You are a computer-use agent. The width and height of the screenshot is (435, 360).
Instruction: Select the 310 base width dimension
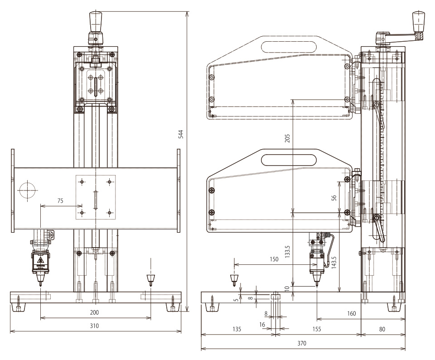coord(94,326)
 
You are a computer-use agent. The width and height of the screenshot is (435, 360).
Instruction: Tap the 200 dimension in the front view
coord(94,312)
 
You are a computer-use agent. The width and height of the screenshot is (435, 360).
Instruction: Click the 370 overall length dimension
coord(302,343)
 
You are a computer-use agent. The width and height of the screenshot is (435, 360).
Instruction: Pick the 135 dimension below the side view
coord(237,329)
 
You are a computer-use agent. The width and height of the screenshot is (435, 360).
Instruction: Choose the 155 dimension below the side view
coord(317,329)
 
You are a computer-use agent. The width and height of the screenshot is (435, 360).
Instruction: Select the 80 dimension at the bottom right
coord(382,329)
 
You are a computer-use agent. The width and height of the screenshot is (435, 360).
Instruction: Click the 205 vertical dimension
coord(286,137)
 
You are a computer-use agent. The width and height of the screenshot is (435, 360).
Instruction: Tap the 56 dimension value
coord(333,198)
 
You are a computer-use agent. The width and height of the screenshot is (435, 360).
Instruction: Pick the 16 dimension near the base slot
coord(263,324)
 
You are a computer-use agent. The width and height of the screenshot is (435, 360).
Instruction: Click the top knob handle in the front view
coord(96,19)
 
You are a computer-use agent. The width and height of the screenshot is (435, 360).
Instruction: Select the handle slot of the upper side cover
coord(289,46)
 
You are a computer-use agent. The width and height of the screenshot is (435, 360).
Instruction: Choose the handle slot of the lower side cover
coord(289,159)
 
